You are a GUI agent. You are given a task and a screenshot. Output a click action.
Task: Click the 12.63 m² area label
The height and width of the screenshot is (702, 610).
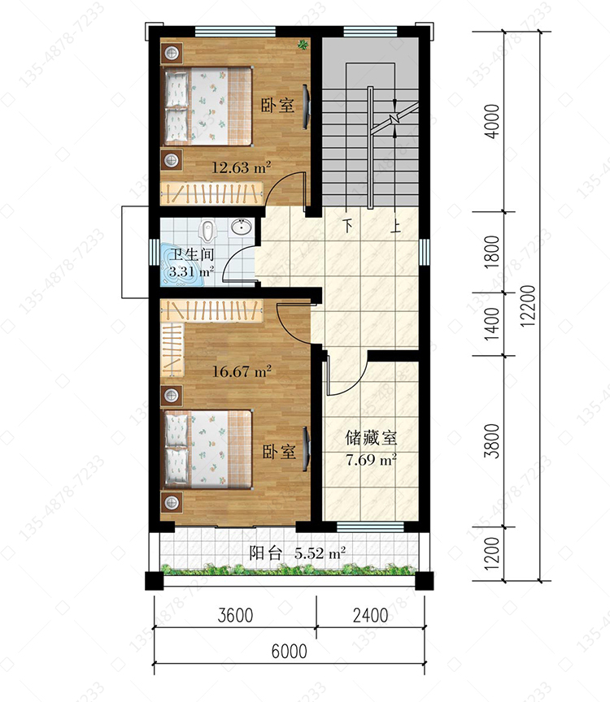coord(241,167)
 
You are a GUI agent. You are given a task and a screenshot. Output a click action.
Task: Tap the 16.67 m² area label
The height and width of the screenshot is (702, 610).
coord(242,371)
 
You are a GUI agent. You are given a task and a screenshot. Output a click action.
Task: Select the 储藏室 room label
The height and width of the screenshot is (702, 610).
coord(371,438)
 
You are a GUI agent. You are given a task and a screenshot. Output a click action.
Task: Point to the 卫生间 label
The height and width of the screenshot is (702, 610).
coord(192,254)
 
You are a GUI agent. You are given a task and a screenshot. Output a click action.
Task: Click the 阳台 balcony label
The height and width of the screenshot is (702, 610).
coord(265,553)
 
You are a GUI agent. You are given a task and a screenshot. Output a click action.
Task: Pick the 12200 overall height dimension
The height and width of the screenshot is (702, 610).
coord(529,305)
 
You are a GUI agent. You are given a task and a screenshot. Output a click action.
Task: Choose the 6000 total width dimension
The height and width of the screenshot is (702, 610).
coord(289,652)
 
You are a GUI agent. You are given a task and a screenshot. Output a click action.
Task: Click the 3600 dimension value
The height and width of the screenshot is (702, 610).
coord(235,616)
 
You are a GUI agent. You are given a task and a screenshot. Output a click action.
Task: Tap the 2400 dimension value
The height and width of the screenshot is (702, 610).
coord(370,616)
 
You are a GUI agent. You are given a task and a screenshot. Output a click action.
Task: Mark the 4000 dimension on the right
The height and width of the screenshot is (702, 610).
coord(492,121)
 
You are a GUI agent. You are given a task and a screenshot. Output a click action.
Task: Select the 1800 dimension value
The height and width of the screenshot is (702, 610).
coord(492,252)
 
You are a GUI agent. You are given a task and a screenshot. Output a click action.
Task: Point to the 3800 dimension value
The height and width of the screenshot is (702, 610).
coord(492,441)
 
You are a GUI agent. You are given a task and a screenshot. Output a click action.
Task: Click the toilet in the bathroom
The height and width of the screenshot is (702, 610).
coord(207,230)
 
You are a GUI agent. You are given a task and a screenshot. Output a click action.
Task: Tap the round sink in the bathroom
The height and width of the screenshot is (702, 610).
coord(242,227)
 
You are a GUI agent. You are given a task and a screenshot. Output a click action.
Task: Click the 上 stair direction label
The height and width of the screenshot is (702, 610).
coord(394,226)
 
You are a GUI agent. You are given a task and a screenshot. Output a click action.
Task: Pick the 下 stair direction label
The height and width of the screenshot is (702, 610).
coord(348,225)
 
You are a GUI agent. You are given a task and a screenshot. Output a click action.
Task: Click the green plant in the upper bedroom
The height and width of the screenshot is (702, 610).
coord(303,44)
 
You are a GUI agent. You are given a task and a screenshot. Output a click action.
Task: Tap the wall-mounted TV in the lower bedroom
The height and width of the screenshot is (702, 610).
coord(306,449)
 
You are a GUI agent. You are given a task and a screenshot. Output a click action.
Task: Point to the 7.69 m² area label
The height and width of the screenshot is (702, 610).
coord(371,460)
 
